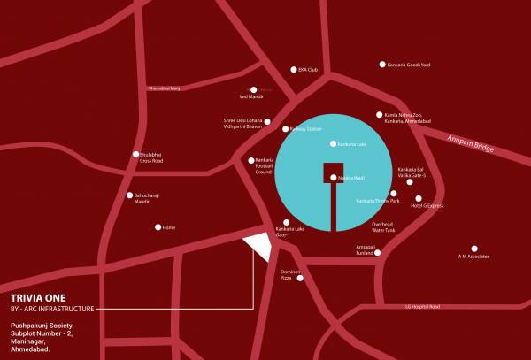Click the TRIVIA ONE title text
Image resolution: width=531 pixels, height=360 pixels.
pyautogui.click(x=38, y=298)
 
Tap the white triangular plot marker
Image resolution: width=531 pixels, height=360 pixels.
pyautogui.click(x=258, y=245)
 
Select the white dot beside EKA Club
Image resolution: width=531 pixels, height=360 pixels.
pyautogui.click(x=294, y=70)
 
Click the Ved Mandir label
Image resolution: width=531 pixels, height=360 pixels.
pyautogui.click(x=252, y=96)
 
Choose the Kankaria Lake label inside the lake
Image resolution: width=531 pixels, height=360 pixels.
pyautogui.click(x=349, y=143)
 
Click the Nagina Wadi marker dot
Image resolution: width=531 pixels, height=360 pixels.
pyautogui.click(x=334, y=178)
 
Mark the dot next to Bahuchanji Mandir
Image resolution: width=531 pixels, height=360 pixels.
pyautogui.click(x=130, y=195)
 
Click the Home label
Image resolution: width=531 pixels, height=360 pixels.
pyautogui.click(x=169, y=227)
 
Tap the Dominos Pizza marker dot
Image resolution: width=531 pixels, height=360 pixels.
pyautogui.click(x=300, y=280)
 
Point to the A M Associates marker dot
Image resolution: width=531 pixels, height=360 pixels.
pyautogui.click(x=474, y=249)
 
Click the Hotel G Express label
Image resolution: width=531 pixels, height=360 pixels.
pyautogui.click(x=427, y=205)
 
